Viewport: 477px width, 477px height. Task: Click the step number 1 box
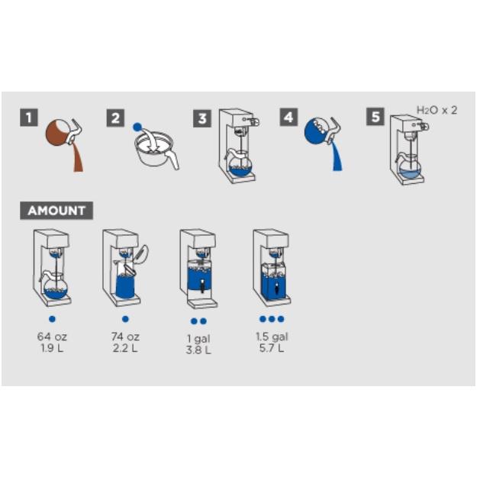pyautogui.click(x=29, y=118)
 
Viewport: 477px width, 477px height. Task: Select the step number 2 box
pyautogui.click(x=115, y=118)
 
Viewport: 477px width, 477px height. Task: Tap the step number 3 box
pyautogui.click(x=202, y=118)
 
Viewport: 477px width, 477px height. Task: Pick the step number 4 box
pyautogui.click(x=288, y=118)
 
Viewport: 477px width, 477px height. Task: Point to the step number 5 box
pyautogui.click(x=375, y=118)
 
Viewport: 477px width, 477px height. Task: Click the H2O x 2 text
pyautogui.click(x=437, y=110)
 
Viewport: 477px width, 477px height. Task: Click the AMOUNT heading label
pyautogui.click(x=56, y=211)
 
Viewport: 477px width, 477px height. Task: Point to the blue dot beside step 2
pyautogui.click(x=137, y=126)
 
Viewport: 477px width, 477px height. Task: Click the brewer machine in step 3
pyautogui.click(x=238, y=146)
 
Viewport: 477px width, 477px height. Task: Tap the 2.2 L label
pyautogui.click(x=125, y=348)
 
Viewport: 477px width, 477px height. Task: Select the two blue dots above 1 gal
pyautogui.click(x=198, y=321)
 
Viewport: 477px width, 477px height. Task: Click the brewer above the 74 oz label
pyautogui.click(x=124, y=267)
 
